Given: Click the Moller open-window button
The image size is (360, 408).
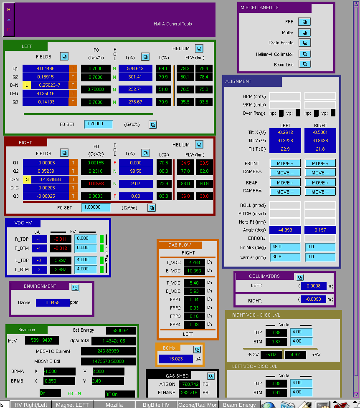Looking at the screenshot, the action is [x=304, y=33].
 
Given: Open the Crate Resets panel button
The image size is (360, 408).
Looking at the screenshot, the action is [x=304, y=43].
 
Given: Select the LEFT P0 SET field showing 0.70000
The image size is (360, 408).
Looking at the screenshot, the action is [x=99, y=124].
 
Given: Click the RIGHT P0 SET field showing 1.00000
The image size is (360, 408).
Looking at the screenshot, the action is [x=96, y=207].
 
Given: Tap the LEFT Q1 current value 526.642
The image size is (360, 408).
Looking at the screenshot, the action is [x=135, y=68].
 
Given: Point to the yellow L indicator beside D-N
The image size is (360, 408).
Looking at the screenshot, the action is [x=27, y=85].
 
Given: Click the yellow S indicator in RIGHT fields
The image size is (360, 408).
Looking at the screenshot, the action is [x=27, y=179].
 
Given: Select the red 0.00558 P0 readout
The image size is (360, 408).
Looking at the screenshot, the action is [x=96, y=184].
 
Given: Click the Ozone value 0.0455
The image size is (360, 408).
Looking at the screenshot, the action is [x=53, y=302].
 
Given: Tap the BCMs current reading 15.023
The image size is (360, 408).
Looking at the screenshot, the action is [x=176, y=359].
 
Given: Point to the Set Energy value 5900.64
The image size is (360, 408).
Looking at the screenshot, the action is [x=121, y=330].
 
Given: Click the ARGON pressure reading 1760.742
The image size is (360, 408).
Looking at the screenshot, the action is [x=189, y=384].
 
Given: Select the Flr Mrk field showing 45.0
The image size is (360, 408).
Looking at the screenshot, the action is [x=285, y=247].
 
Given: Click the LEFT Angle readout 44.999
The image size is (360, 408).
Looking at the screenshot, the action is [x=285, y=230].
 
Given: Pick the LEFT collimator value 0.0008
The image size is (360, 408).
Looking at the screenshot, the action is [x=314, y=286].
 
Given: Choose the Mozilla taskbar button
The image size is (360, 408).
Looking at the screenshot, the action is [x=114, y=405].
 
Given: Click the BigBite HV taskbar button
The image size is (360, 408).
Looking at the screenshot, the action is [x=156, y=405].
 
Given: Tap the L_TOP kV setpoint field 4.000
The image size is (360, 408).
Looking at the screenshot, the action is [x=86, y=260].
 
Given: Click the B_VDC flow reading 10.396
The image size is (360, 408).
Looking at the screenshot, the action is [x=194, y=271].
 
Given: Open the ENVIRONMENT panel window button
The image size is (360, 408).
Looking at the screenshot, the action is [x=75, y=287].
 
